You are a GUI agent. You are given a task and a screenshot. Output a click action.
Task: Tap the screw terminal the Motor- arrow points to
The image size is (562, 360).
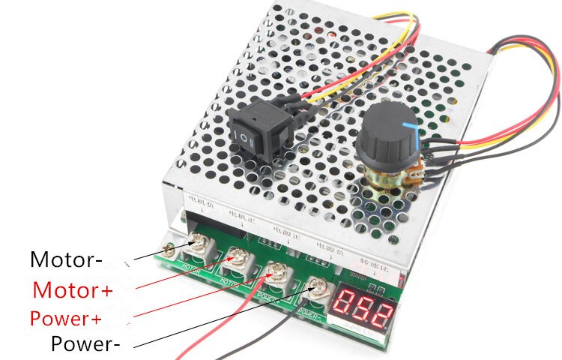[x=202, y=243]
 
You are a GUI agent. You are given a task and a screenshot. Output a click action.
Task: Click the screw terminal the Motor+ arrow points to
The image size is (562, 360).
[x=239, y=258]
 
